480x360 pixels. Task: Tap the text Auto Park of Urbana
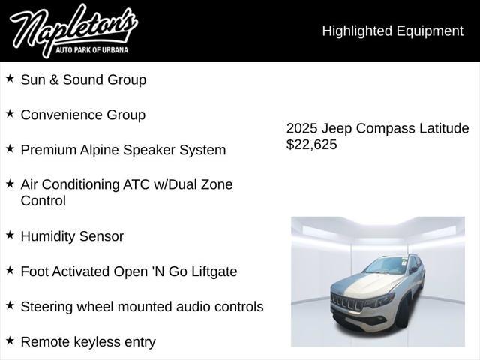(x=91, y=50)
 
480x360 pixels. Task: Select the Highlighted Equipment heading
(x=393, y=31)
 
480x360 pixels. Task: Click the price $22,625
(x=312, y=145)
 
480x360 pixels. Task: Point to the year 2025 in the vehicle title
(x=301, y=128)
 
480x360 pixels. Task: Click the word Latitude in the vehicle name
(x=444, y=128)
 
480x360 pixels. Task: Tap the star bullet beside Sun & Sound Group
(x=10, y=78)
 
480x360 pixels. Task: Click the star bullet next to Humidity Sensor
(x=10, y=235)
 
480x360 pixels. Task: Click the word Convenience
(x=61, y=115)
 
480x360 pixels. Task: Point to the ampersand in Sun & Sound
(x=54, y=80)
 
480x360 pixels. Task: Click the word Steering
(x=46, y=307)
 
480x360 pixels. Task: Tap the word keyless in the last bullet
(x=97, y=342)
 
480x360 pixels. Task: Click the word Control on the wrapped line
(x=43, y=201)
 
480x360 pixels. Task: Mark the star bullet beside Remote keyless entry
(x=10, y=340)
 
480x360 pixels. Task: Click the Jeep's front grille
(x=347, y=301)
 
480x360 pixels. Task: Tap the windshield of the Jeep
(x=386, y=265)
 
